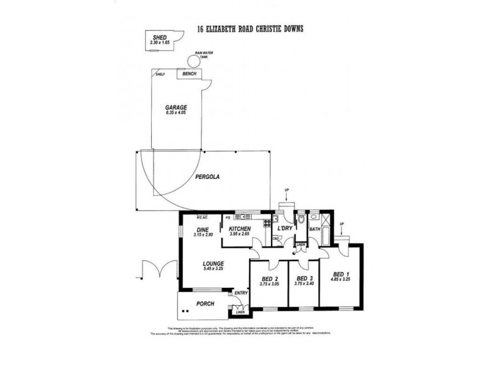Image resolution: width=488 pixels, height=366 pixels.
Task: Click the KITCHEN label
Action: pyautogui.click(x=242, y=228)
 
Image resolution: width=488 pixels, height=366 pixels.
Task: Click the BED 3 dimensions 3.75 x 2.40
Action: pyautogui.click(x=300, y=283)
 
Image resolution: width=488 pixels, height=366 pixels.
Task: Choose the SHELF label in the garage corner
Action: pyautogui.click(x=160, y=74)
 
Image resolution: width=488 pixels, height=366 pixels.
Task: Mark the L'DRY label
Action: pyautogui.click(x=284, y=228)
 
